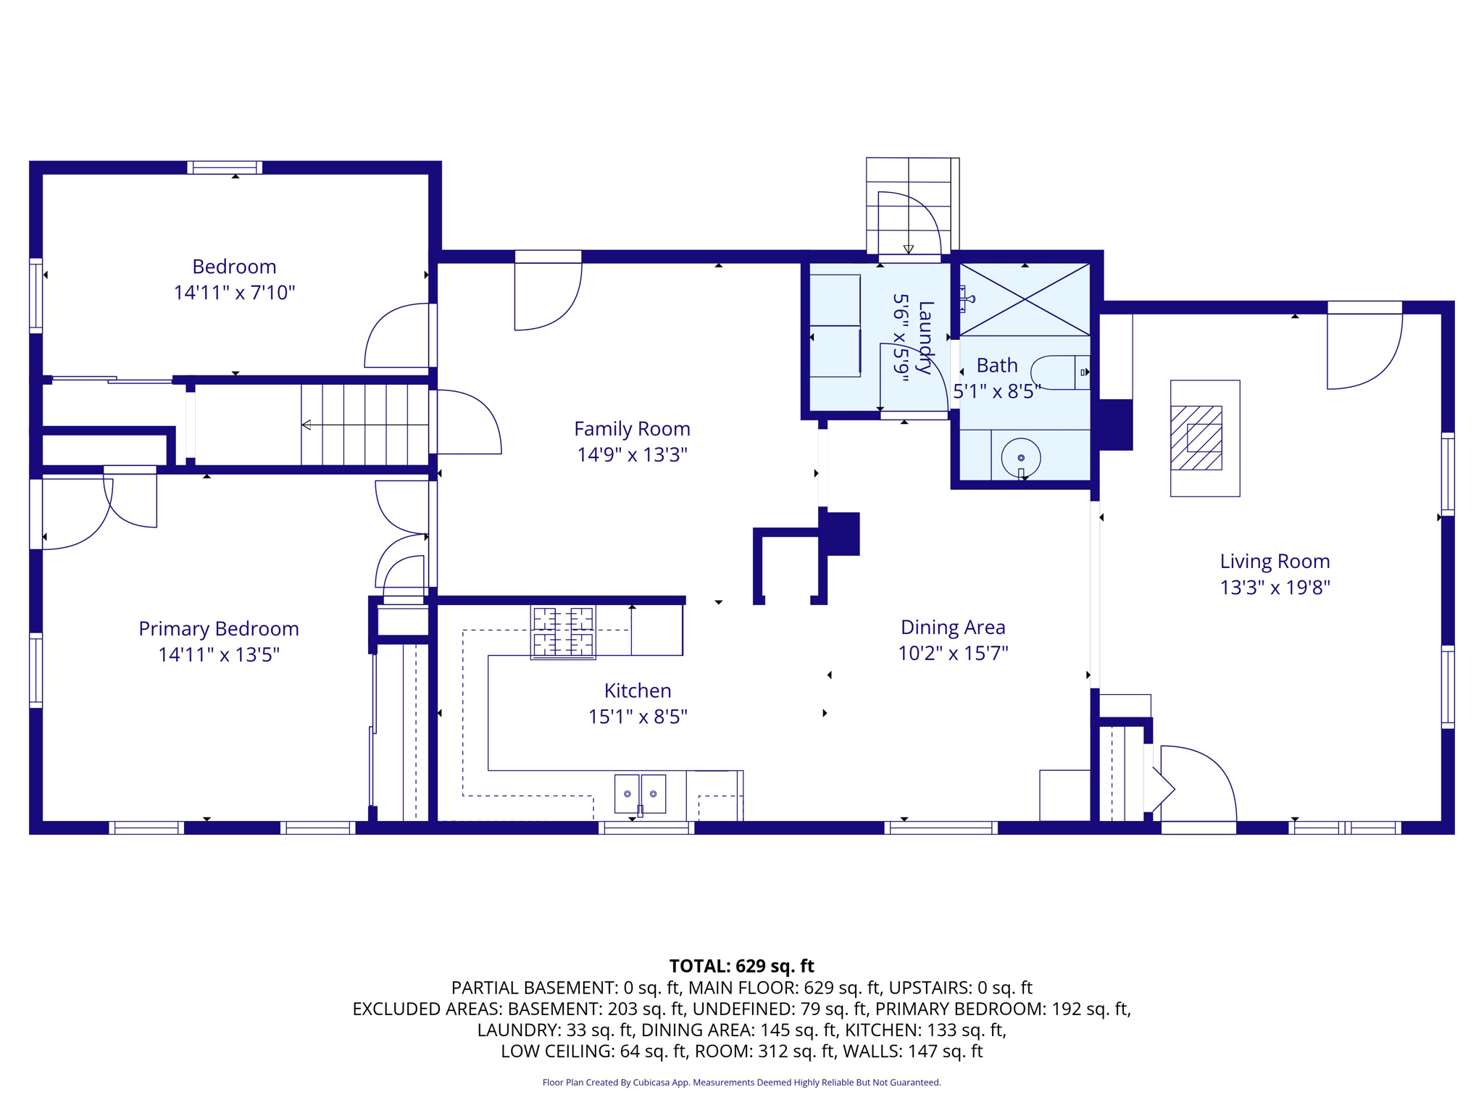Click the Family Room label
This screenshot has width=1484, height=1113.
click(x=632, y=429)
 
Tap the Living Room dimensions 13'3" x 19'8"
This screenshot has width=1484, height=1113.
click(x=1275, y=587)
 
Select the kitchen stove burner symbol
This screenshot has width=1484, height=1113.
click(x=563, y=632)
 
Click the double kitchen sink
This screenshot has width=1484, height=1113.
click(x=640, y=793)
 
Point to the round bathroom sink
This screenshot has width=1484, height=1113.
click(x=1020, y=457)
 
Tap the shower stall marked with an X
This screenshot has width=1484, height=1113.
click(x=1024, y=299)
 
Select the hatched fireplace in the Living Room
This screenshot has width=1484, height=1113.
click(x=1196, y=438)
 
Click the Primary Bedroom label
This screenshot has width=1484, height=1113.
click(x=218, y=629)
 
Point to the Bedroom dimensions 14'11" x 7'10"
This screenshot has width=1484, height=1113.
click(x=234, y=293)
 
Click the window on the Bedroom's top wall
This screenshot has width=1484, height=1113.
click(x=225, y=167)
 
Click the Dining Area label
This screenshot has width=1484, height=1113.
click(x=952, y=628)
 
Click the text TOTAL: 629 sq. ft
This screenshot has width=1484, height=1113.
click(x=741, y=966)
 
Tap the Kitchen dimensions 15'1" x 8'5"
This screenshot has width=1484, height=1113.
click(x=637, y=717)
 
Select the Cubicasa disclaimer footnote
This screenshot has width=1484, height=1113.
click(x=741, y=1083)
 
